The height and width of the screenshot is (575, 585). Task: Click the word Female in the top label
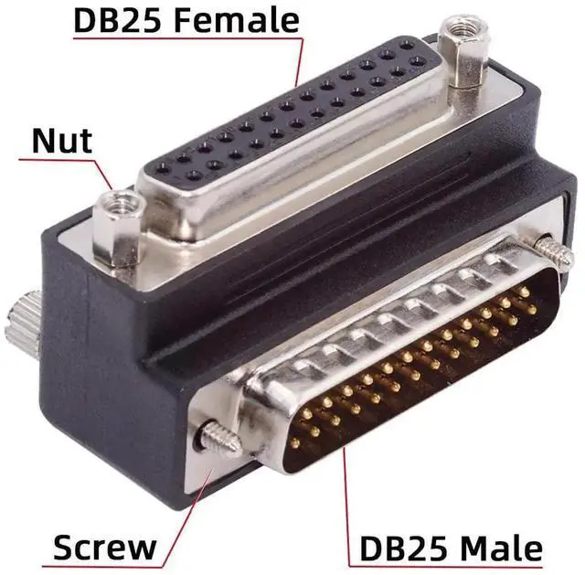237,20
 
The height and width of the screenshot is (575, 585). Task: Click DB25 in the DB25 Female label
118,20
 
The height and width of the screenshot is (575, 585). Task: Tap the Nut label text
62,141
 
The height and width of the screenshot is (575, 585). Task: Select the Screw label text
105,548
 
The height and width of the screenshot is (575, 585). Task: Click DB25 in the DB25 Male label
404,548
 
